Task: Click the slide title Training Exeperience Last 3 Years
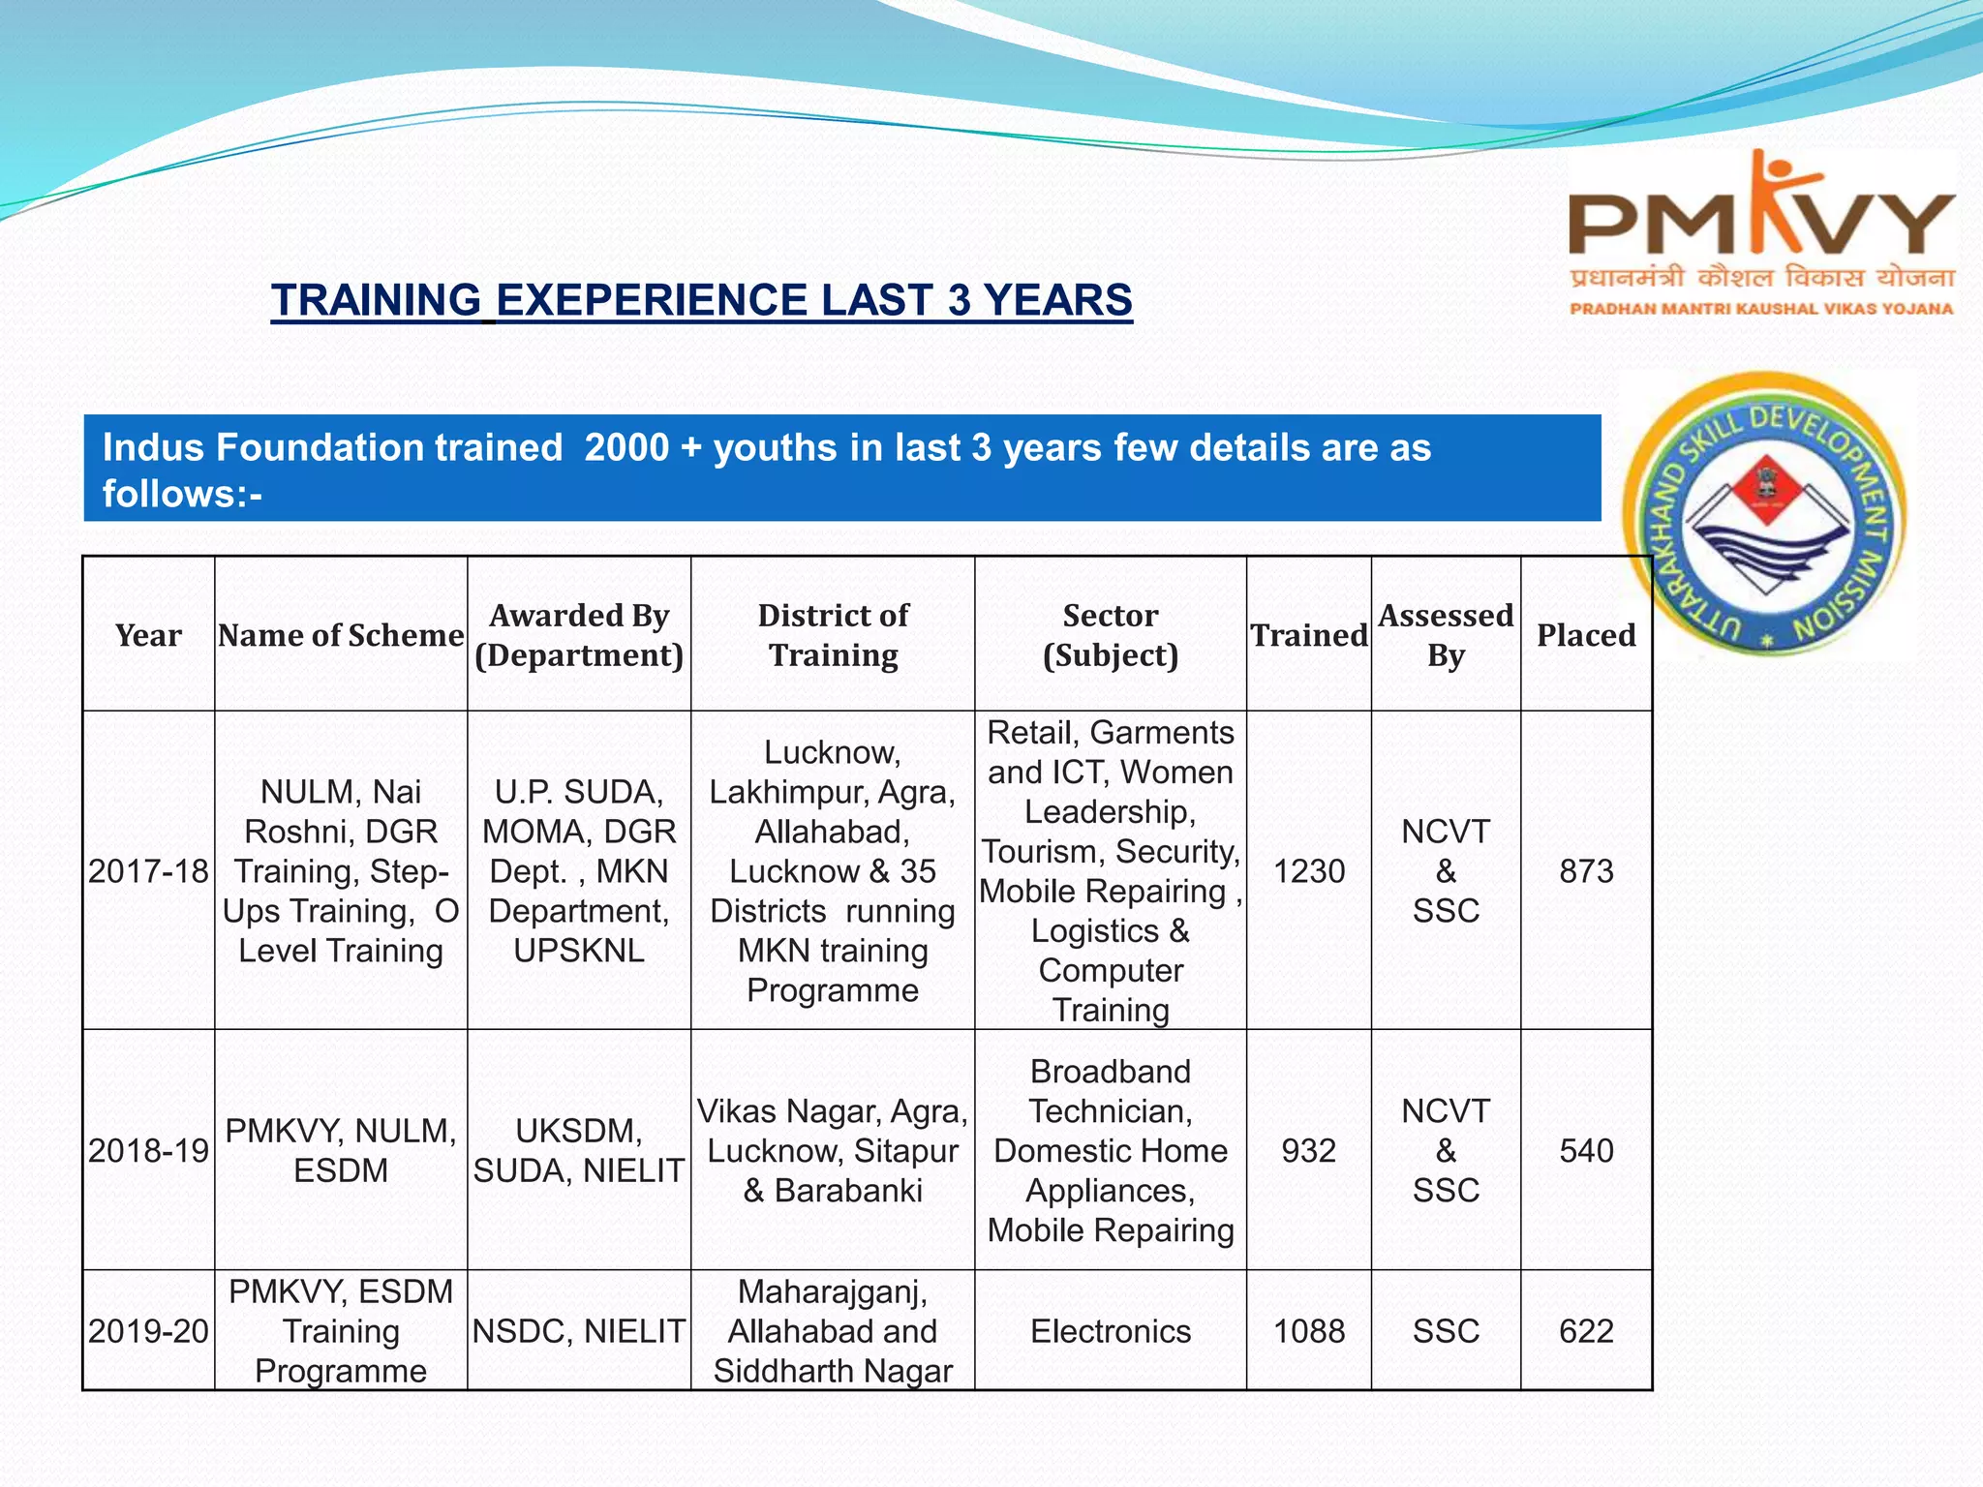pyautogui.click(x=701, y=300)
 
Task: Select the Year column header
pyautogui.click(x=148, y=635)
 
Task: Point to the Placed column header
pyautogui.click(x=1586, y=635)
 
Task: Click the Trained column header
pyautogui.click(x=1308, y=635)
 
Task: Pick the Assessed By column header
pyautogui.click(x=1446, y=635)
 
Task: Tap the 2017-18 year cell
pyautogui.click(x=148, y=871)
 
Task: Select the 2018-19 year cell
pyautogui.click(x=148, y=1150)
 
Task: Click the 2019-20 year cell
pyautogui.click(x=148, y=1331)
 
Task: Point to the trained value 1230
pyautogui.click(x=1308, y=871)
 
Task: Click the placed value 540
pyautogui.click(x=1586, y=1150)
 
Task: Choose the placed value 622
pyautogui.click(x=1586, y=1331)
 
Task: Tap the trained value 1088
pyautogui.click(x=1308, y=1331)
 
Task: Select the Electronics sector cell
pyautogui.click(x=1111, y=1331)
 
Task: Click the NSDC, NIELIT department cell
pyautogui.click(x=579, y=1331)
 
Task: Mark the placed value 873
pyautogui.click(x=1586, y=871)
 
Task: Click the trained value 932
pyautogui.click(x=1308, y=1150)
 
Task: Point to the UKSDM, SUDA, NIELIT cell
pyautogui.click(x=579, y=1150)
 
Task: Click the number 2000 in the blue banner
pyautogui.click(x=626, y=448)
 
